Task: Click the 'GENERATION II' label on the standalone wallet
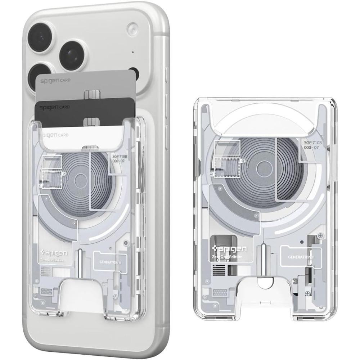pyautogui.click(x=301, y=257)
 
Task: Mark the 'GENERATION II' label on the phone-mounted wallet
pyautogui.click(x=110, y=262)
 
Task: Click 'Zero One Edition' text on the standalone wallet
pyautogui.click(x=227, y=257)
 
